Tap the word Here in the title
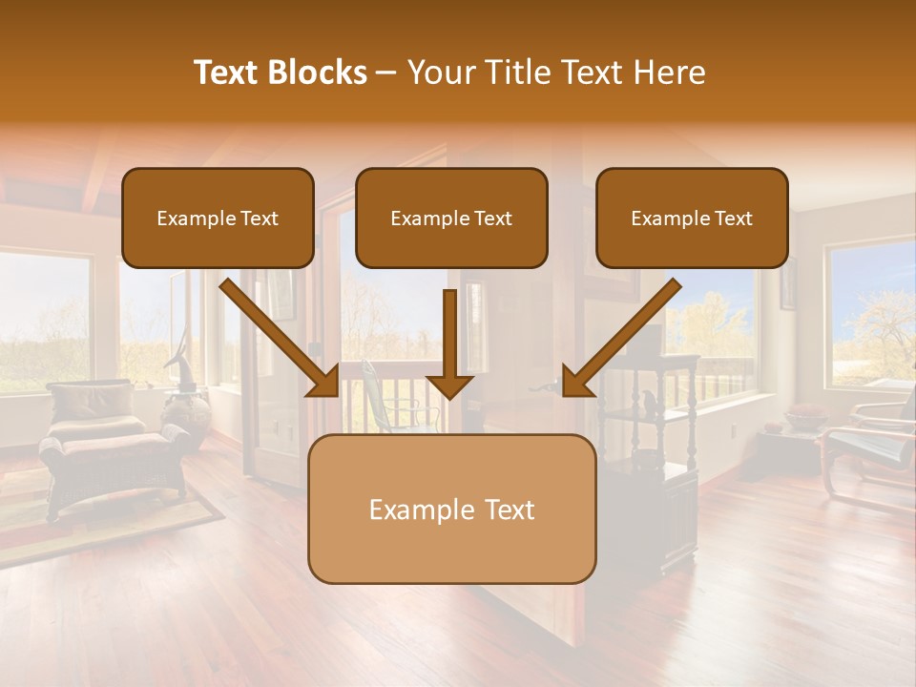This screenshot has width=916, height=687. [671, 73]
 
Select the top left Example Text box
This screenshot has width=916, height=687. [218, 219]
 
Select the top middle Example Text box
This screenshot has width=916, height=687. [451, 219]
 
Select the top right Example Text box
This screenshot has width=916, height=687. [692, 219]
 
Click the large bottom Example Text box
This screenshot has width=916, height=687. [451, 510]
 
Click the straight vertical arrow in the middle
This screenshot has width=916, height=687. [449, 343]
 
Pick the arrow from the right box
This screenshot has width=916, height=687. [622, 338]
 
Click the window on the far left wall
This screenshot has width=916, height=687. [43, 320]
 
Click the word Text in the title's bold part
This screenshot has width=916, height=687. [226, 73]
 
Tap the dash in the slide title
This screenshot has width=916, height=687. [386, 73]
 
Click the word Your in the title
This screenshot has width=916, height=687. [441, 73]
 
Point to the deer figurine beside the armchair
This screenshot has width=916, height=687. [177, 367]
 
